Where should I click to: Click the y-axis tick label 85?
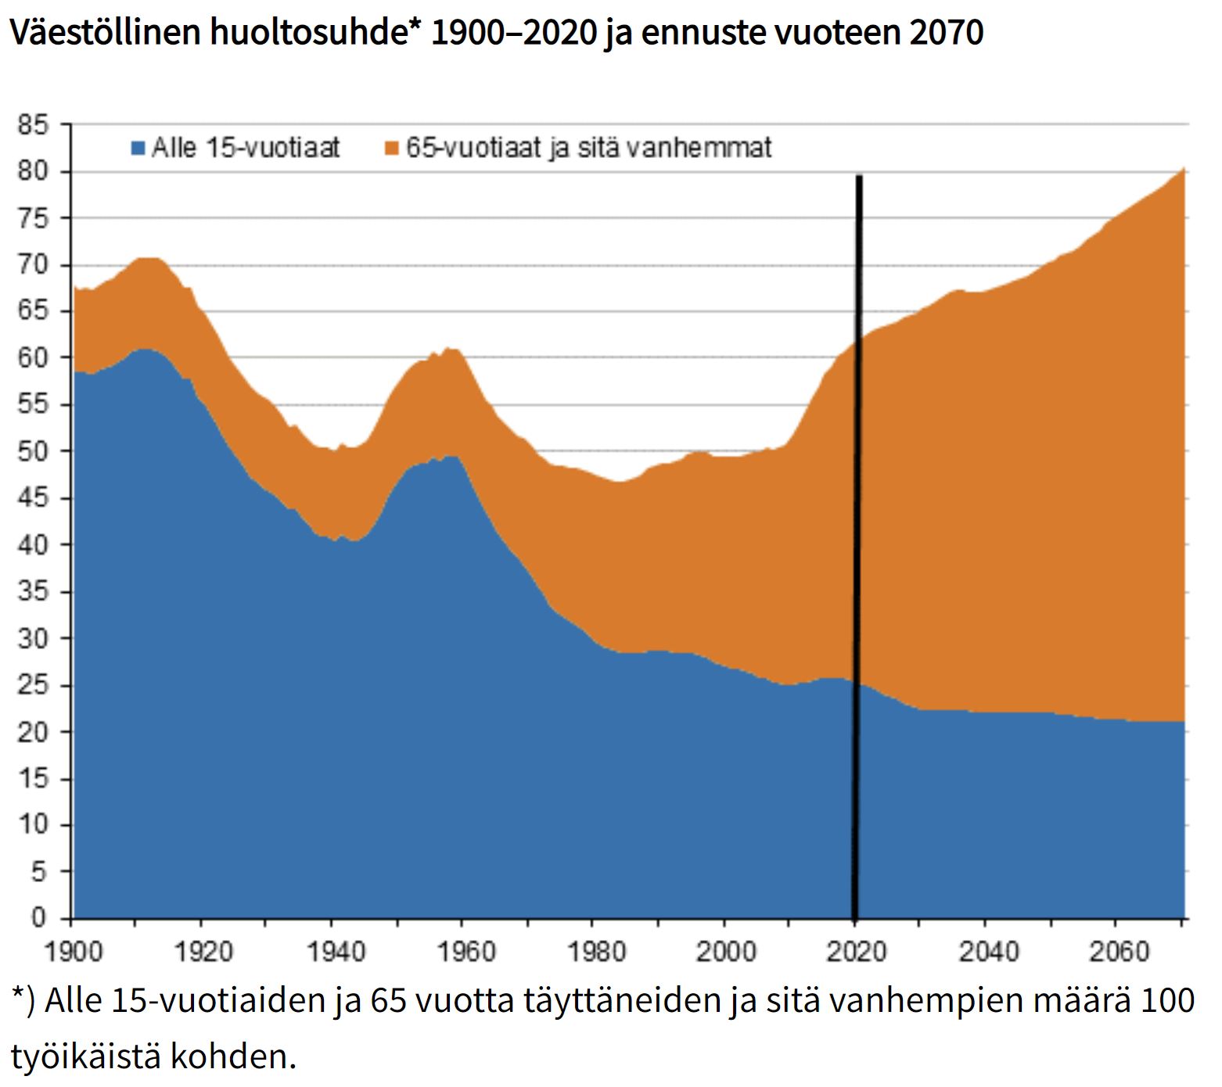(x=34, y=125)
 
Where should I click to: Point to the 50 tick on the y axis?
(x=34, y=451)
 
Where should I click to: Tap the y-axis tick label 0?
(x=39, y=917)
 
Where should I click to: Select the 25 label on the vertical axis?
(x=34, y=685)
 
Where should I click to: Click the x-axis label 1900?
(x=73, y=952)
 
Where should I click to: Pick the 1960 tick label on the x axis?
(x=465, y=952)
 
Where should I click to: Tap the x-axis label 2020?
(x=857, y=952)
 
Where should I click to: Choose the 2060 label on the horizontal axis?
(x=1119, y=952)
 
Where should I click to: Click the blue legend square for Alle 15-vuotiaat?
(x=138, y=148)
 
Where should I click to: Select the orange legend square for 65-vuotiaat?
(x=392, y=148)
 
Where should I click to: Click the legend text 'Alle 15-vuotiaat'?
(x=246, y=148)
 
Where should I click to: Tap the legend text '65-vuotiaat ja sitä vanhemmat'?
(x=588, y=148)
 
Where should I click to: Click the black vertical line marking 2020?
(x=858, y=547)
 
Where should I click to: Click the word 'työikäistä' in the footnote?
(x=85, y=1057)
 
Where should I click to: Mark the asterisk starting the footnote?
(x=18, y=995)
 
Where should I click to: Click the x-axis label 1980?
(x=596, y=952)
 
